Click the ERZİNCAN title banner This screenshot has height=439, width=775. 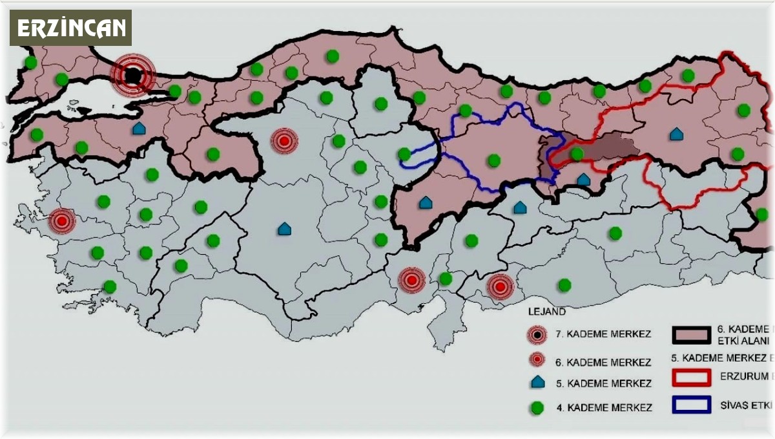tap(70, 28)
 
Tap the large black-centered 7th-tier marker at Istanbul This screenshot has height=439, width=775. tap(132, 76)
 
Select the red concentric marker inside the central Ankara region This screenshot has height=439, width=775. tap(284, 140)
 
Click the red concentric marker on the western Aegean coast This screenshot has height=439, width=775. tap(62, 221)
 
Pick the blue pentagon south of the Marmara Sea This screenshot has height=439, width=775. tap(138, 129)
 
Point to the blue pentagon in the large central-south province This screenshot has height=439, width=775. tap(284, 229)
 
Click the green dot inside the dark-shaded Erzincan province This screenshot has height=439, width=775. tap(577, 154)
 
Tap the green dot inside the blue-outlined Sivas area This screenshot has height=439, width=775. tap(494, 160)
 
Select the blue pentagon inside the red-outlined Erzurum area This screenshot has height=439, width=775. tap(676, 134)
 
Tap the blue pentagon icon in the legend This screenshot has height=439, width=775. tap(537, 383)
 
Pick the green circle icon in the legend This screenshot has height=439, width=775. tap(537, 408)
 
